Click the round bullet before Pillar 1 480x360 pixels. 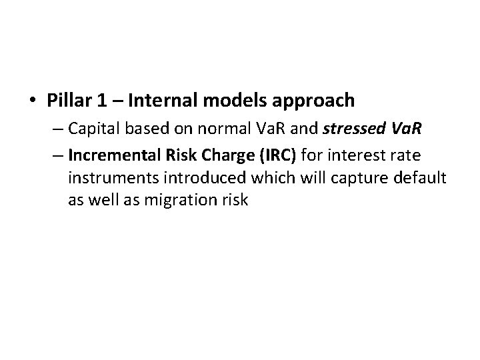click(33, 101)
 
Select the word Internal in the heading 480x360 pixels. click(157, 101)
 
